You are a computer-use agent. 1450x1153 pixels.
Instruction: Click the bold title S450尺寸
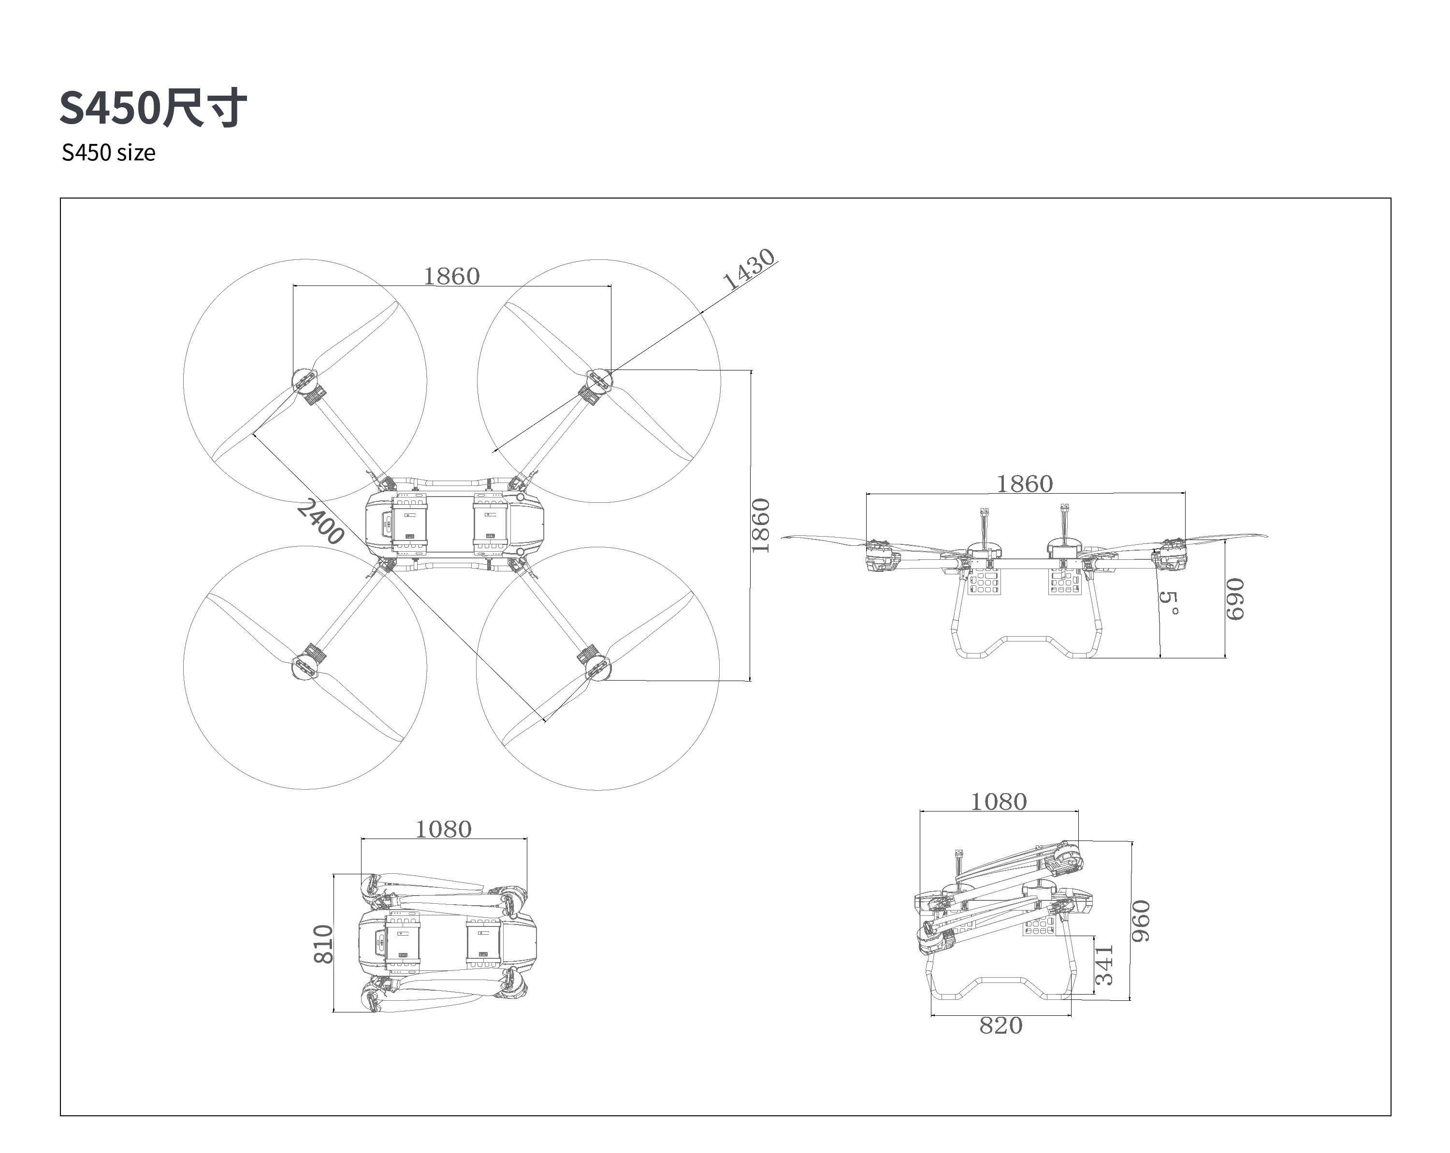(153, 108)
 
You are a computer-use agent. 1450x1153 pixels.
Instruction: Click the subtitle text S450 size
(108, 153)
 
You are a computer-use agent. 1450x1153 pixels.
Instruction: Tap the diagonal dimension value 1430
(749, 269)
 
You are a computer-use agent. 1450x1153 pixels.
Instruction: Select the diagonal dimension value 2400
(320, 522)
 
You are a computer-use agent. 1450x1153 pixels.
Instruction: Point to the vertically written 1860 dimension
(760, 526)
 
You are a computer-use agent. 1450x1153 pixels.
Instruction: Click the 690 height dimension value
(1235, 599)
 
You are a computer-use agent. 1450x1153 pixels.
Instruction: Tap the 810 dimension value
(323, 944)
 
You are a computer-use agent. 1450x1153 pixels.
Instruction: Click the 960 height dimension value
(1141, 921)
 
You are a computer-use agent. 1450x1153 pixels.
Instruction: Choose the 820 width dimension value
(1001, 1026)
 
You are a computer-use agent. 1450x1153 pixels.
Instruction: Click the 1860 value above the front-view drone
(1024, 484)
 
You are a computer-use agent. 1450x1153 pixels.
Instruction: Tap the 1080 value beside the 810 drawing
(443, 830)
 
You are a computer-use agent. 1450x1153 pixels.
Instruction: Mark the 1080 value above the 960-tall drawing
(999, 801)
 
